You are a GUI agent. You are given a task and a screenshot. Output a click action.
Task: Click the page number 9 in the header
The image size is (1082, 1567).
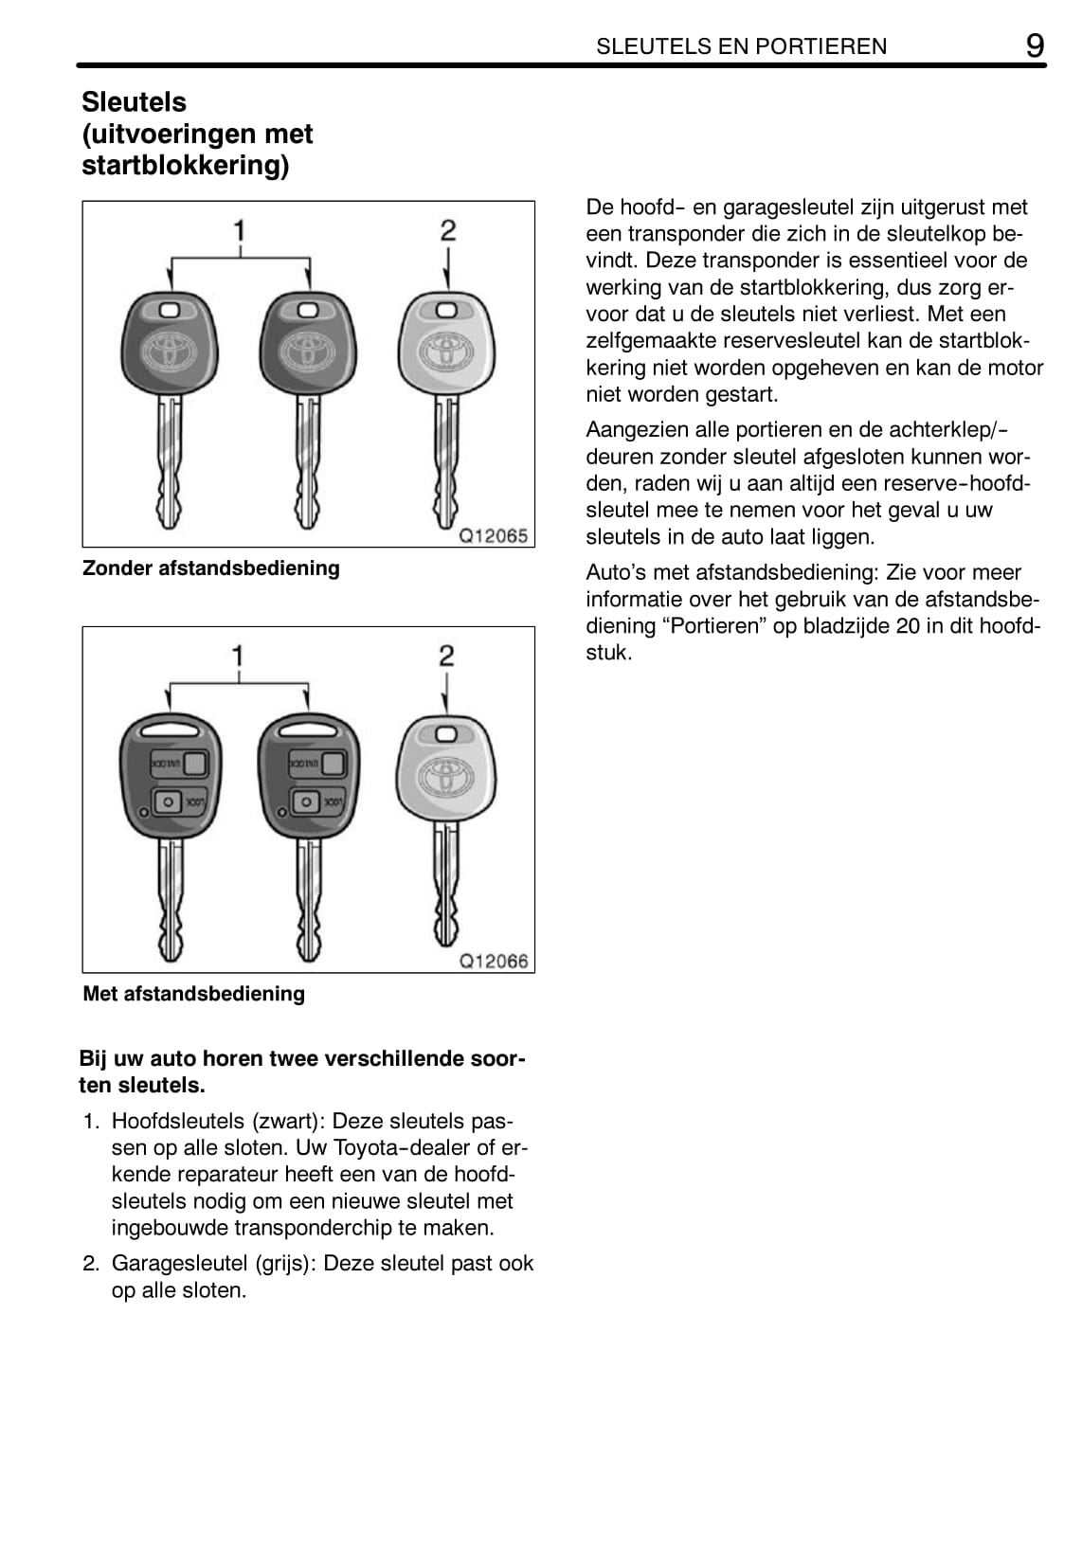coord(1036,45)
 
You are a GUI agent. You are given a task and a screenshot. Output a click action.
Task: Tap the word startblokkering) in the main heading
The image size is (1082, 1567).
coord(185,166)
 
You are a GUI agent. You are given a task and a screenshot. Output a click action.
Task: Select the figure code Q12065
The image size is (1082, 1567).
coord(493,535)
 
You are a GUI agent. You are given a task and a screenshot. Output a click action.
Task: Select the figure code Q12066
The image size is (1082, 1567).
coord(493,961)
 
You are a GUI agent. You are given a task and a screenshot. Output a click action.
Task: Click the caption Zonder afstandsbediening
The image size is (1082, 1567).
coord(210,568)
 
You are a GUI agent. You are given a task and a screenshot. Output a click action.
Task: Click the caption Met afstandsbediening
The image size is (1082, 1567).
coord(193,994)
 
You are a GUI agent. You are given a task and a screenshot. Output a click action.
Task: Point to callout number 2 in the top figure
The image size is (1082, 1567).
coord(447,230)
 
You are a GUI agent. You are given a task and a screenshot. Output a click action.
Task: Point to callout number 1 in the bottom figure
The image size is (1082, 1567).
coord(239,656)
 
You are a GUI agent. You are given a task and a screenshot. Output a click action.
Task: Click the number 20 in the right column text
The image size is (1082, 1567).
coord(908,626)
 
